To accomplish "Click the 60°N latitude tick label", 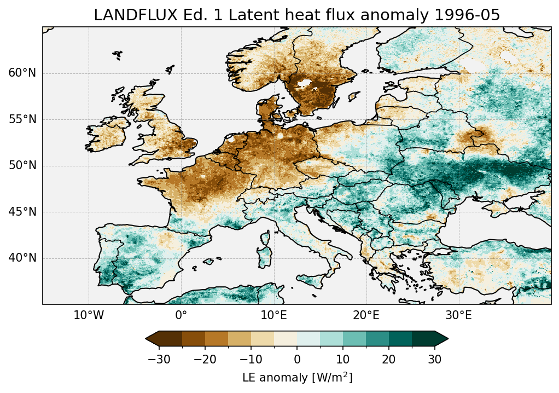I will tap(22, 73).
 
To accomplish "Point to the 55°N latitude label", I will tap(22, 119).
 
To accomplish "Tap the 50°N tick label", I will tap(22, 166).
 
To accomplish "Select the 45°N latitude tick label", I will tap(22, 212).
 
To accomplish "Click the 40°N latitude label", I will tap(22, 258).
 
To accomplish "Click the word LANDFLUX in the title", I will tap(125, 15).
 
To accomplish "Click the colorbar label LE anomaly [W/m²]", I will tap(297, 378).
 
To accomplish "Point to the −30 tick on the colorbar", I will tap(159, 360).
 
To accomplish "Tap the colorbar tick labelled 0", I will tap(297, 360).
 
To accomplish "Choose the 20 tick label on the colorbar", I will tap(389, 360).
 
